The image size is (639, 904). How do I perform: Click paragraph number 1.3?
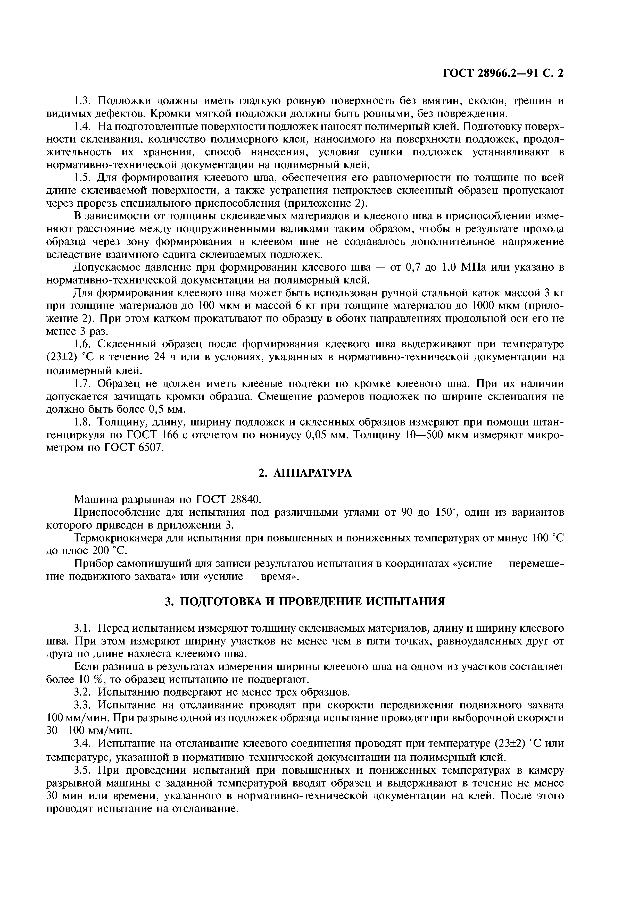83,101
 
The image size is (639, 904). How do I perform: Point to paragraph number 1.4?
83,127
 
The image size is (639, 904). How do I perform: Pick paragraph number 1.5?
83,178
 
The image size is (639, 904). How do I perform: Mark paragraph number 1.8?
83,422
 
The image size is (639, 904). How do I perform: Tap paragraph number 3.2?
83,692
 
